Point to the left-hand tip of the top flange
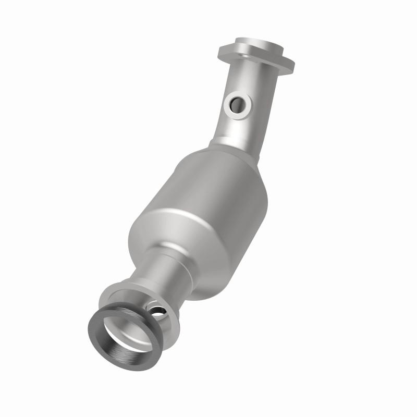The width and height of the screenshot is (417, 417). pyautogui.click(x=222, y=51)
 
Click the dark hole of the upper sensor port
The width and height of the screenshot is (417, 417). pyautogui.click(x=238, y=104)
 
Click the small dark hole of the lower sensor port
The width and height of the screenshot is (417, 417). pyautogui.click(x=157, y=311)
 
